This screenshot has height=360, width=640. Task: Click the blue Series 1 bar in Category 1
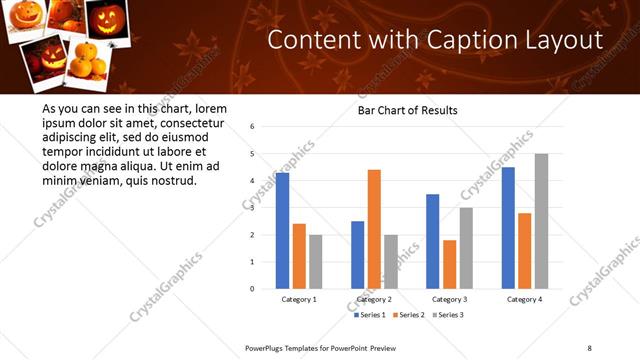point(283,231)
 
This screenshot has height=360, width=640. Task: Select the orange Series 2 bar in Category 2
point(374,229)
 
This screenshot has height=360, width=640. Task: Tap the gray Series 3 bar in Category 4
point(541,221)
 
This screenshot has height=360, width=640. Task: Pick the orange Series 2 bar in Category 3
point(449,264)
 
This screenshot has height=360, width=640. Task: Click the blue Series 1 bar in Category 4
point(508,228)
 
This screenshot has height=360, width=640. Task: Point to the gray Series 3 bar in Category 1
point(315,262)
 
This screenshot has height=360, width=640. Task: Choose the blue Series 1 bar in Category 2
point(358,255)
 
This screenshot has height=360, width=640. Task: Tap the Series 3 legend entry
point(447,315)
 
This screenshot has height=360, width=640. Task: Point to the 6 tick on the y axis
point(252,127)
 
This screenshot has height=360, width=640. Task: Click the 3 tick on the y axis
point(252,208)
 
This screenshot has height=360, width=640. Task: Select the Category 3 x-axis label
point(449,299)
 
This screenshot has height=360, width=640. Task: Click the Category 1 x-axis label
point(299,299)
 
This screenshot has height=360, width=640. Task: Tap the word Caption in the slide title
point(443,40)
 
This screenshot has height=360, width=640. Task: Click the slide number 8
point(589,347)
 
